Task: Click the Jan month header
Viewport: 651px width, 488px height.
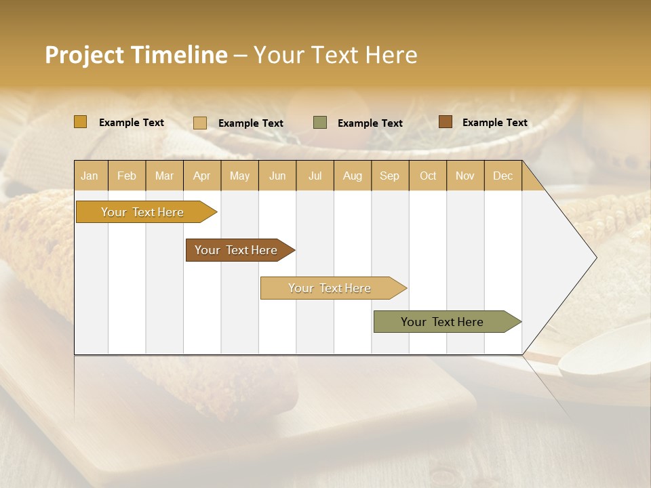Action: [90, 176]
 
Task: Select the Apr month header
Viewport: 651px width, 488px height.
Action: [202, 176]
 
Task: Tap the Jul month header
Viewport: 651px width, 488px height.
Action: [315, 176]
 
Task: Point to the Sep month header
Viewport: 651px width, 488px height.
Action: [389, 176]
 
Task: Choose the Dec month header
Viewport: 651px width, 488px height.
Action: [502, 176]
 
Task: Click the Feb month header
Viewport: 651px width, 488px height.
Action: [127, 176]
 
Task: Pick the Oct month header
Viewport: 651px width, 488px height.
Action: [428, 176]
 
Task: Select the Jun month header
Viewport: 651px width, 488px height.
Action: [277, 176]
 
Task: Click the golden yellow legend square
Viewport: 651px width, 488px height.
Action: [81, 122]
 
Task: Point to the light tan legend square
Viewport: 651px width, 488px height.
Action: [200, 123]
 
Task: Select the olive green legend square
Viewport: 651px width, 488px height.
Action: [320, 123]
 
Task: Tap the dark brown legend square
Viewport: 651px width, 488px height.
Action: [446, 122]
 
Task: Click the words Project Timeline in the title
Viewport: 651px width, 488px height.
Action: [136, 55]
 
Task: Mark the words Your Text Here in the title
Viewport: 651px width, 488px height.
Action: [336, 55]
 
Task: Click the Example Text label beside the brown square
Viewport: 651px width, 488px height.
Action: [494, 123]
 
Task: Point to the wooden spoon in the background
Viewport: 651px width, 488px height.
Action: [604, 363]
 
